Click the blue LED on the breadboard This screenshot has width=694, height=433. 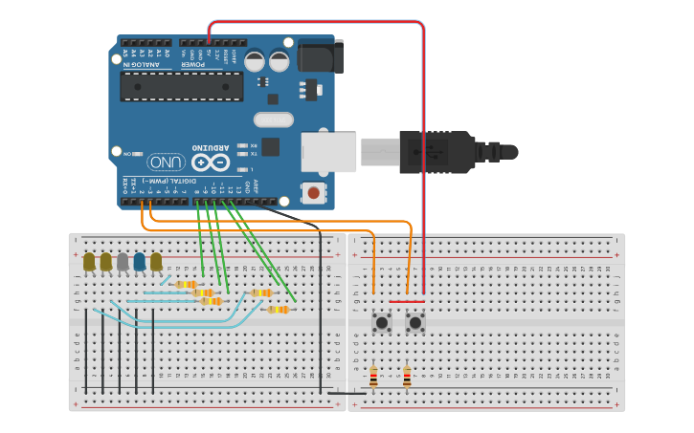pos(139,261)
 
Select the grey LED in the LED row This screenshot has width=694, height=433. pos(123,261)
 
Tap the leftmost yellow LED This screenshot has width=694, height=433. pos(89,261)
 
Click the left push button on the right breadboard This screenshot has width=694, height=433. pos(381,322)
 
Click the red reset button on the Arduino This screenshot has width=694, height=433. pos(312,193)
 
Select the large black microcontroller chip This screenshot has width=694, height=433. pos(181,86)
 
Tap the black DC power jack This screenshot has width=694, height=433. pos(320,56)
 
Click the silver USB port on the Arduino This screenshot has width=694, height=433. pos(327,152)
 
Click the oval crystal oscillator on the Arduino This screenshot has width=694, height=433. pos(274,119)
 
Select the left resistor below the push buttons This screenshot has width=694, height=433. pos(373,378)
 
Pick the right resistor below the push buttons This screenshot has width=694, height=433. pos(407,378)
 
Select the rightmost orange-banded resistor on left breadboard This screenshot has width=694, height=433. pos(278,309)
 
